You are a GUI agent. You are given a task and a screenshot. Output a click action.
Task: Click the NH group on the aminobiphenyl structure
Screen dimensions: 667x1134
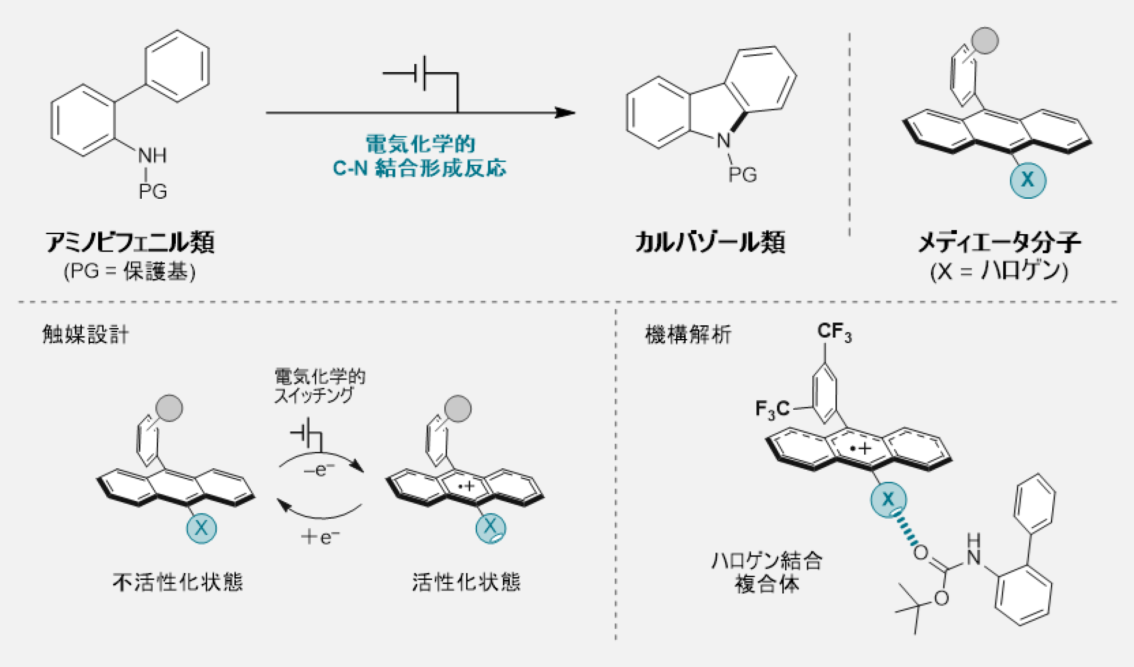[x=152, y=155]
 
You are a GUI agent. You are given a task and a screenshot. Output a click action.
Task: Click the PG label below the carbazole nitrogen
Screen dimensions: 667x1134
[x=742, y=175]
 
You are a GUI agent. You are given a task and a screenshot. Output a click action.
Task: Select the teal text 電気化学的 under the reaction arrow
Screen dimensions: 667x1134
[x=420, y=144]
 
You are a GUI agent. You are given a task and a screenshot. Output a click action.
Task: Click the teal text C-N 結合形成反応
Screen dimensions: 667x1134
[x=420, y=168]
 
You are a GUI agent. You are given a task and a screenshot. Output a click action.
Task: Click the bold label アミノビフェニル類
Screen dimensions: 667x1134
[x=130, y=242]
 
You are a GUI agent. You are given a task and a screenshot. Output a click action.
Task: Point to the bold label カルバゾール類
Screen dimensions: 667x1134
[x=710, y=242]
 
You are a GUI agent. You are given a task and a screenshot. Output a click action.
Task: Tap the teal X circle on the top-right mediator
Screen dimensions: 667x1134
[x=1028, y=180]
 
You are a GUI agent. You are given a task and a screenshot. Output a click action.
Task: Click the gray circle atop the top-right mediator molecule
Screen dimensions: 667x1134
[x=985, y=41]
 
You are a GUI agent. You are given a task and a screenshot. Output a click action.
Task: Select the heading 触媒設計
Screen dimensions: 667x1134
[x=86, y=334]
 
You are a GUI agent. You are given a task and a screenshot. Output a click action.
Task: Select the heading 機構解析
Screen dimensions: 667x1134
[x=688, y=334]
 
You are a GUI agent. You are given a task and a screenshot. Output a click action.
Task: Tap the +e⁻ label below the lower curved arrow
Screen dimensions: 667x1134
[x=320, y=537]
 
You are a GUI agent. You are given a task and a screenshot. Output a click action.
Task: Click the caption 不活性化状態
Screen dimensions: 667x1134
[x=178, y=582]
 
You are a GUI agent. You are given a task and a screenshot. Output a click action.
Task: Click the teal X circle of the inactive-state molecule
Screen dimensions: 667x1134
[x=202, y=528]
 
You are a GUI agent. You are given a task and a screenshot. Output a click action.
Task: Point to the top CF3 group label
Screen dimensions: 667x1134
[x=834, y=332]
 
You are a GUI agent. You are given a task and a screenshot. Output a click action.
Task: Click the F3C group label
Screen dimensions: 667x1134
[x=772, y=409]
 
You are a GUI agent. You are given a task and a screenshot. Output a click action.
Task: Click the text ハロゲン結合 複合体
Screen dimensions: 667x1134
[x=767, y=572]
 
